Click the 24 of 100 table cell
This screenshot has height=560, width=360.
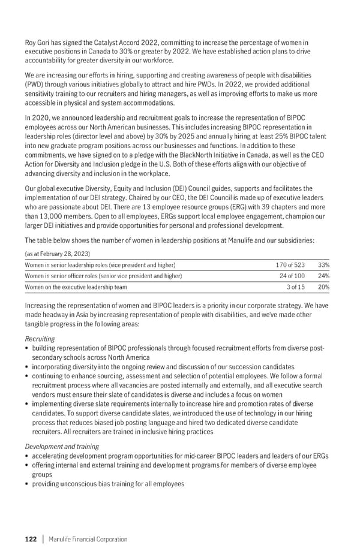click(x=292, y=276)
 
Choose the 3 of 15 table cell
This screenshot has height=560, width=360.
click(x=295, y=287)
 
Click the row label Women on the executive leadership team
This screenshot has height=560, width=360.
click(x=76, y=287)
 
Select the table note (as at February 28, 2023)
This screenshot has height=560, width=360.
click(x=57, y=254)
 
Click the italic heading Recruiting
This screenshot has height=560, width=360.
click(x=39, y=339)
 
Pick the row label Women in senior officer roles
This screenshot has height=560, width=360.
click(x=103, y=276)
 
